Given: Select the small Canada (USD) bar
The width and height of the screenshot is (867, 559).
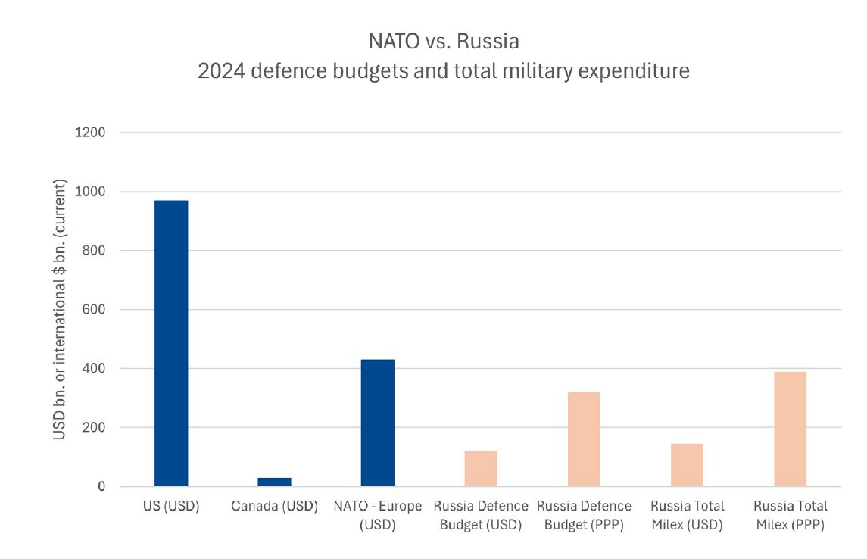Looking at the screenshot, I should [x=274, y=482].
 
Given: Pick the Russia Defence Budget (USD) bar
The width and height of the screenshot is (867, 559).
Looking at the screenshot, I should [x=480, y=468].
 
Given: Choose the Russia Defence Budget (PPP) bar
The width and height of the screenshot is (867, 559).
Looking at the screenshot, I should [x=584, y=439].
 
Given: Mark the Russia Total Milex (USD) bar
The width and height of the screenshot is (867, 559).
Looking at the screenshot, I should [x=687, y=465].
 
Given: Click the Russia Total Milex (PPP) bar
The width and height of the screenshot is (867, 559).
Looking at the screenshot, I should [x=790, y=429].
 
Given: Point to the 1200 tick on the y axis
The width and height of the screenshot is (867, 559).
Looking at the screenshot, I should [x=90, y=133].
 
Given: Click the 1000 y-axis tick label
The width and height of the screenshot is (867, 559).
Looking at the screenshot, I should [x=90, y=192].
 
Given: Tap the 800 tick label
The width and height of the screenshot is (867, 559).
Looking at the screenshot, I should [x=94, y=251].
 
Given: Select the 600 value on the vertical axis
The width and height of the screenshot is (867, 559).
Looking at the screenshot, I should [x=94, y=310].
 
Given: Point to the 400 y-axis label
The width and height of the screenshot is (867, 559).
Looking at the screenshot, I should [x=94, y=369].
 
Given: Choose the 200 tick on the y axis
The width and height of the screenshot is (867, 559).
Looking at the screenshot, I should [x=94, y=428].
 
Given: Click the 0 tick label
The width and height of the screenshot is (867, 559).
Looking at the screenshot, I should [x=101, y=487].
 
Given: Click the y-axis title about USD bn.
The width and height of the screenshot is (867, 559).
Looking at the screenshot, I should [x=60, y=310].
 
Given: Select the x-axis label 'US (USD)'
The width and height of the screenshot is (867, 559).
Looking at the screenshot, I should [x=171, y=507].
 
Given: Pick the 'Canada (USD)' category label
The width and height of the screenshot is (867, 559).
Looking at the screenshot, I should [x=274, y=507].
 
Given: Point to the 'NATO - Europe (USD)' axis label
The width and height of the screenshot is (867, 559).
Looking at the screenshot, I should [x=377, y=515].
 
